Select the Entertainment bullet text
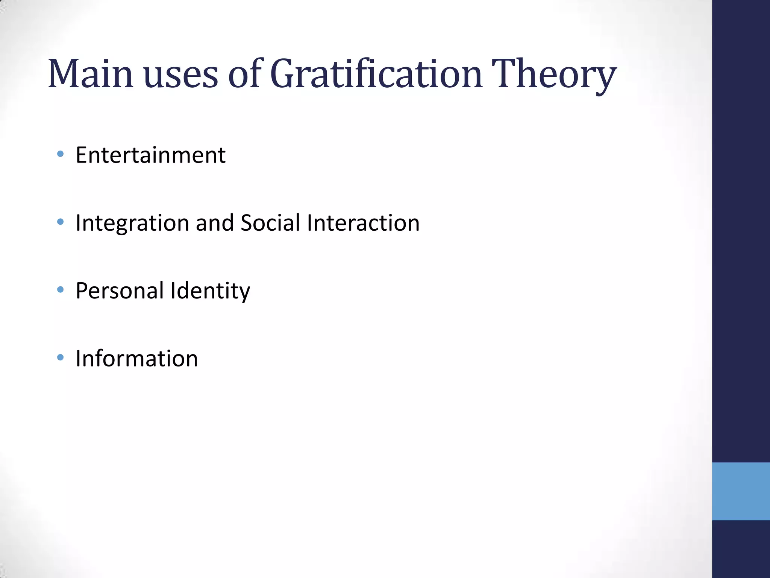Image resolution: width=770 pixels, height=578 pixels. pyautogui.click(x=150, y=155)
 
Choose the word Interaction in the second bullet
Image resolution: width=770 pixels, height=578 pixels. pyautogui.click(x=363, y=223)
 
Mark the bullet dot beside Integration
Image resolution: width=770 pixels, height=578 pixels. pyautogui.click(x=60, y=222)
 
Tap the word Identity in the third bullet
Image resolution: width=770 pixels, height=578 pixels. pyautogui.click(x=210, y=291)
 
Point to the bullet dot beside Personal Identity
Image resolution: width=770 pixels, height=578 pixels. pyautogui.click(x=60, y=289)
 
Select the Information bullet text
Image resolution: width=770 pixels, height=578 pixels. pyautogui.click(x=136, y=358)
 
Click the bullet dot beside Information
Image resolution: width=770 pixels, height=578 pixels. pyautogui.click(x=60, y=357)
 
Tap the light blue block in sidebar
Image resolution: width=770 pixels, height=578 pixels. pyautogui.click(x=741, y=491)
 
